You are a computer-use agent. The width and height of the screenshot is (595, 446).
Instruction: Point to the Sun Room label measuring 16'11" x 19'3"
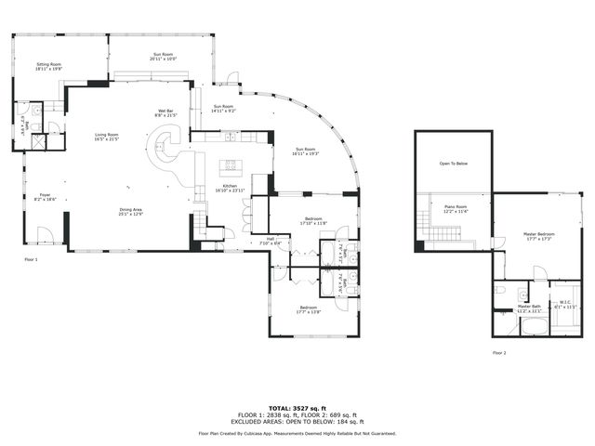(307, 151)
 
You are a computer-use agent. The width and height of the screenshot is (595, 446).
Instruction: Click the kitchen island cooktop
(230, 168)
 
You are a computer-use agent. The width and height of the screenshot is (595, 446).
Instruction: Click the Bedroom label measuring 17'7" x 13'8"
(309, 309)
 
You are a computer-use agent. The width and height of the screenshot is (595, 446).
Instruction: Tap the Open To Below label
(453, 164)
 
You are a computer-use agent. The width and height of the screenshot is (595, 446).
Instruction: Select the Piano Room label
(455, 209)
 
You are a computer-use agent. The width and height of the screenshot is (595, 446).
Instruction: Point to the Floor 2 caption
(499, 353)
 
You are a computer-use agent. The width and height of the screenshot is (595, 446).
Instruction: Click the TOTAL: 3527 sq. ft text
(297, 408)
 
